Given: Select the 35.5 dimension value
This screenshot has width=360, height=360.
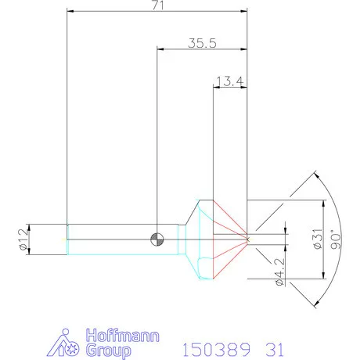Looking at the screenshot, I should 202,43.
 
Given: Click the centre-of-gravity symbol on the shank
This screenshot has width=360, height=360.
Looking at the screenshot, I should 159,238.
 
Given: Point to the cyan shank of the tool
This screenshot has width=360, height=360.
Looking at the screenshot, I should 117,238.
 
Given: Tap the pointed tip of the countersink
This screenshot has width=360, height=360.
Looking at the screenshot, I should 247,238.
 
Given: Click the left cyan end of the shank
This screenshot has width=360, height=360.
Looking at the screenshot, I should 69,238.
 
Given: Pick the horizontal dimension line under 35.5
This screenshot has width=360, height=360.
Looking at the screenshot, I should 202,49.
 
